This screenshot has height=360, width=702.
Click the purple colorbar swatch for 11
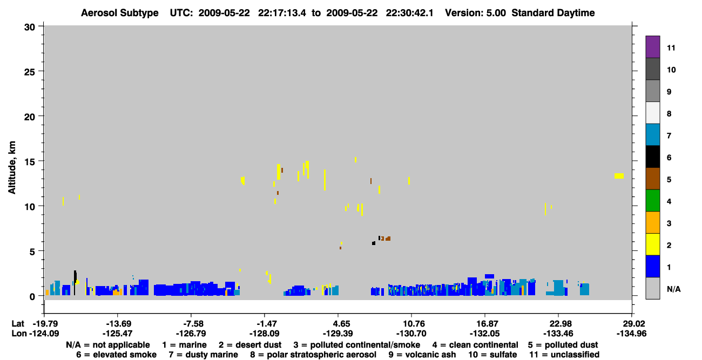(x=652, y=47)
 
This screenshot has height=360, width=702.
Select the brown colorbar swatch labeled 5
(x=652, y=179)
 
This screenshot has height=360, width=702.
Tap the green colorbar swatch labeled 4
(x=652, y=201)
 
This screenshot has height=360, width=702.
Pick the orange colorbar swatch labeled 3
(x=652, y=222)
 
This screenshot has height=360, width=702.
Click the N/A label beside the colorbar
(x=673, y=289)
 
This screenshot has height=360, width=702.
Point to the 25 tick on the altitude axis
(x=40, y=71)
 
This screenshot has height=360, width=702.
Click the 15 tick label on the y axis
(x=29, y=162)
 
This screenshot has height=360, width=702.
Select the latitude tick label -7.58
(x=192, y=324)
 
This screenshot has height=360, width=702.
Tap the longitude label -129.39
(x=338, y=334)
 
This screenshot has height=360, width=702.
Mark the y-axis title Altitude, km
(x=11, y=168)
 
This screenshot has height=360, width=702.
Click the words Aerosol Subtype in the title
(x=120, y=13)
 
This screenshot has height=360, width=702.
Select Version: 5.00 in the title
(x=475, y=13)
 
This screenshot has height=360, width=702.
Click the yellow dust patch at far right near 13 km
(x=619, y=176)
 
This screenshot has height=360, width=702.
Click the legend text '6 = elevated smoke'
(x=116, y=355)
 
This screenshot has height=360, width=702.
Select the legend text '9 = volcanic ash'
(x=422, y=355)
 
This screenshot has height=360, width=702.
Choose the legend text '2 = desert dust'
(x=250, y=345)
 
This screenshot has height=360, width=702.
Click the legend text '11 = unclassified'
(x=564, y=355)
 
